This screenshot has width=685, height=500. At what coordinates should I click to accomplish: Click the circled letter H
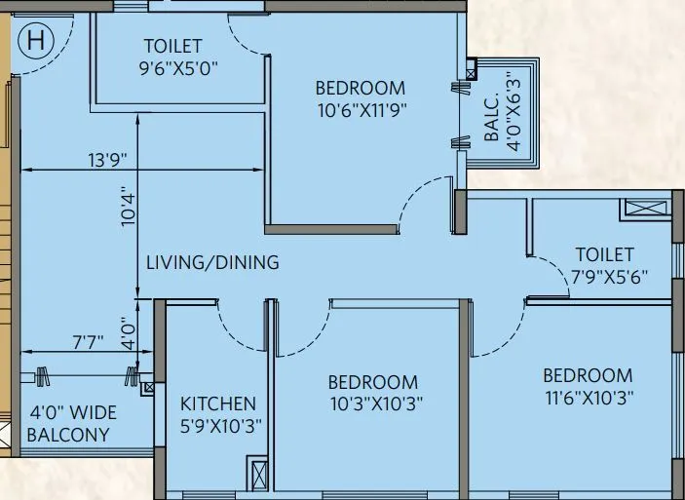(36, 41)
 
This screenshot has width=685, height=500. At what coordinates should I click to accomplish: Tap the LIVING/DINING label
(212, 262)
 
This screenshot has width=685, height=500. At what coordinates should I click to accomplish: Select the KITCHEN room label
(218, 404)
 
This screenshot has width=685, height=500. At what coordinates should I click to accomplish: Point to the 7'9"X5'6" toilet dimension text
(610, 277)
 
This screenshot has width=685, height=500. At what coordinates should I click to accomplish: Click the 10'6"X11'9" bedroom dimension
(360, 110)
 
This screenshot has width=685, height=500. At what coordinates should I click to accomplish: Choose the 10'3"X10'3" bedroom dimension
(373, 404)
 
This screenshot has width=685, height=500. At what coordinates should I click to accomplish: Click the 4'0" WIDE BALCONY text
(68, 425)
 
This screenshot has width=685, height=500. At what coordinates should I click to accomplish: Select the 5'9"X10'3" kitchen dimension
(219, 425)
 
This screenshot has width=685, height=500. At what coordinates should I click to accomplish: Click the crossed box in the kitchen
(257, 478)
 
